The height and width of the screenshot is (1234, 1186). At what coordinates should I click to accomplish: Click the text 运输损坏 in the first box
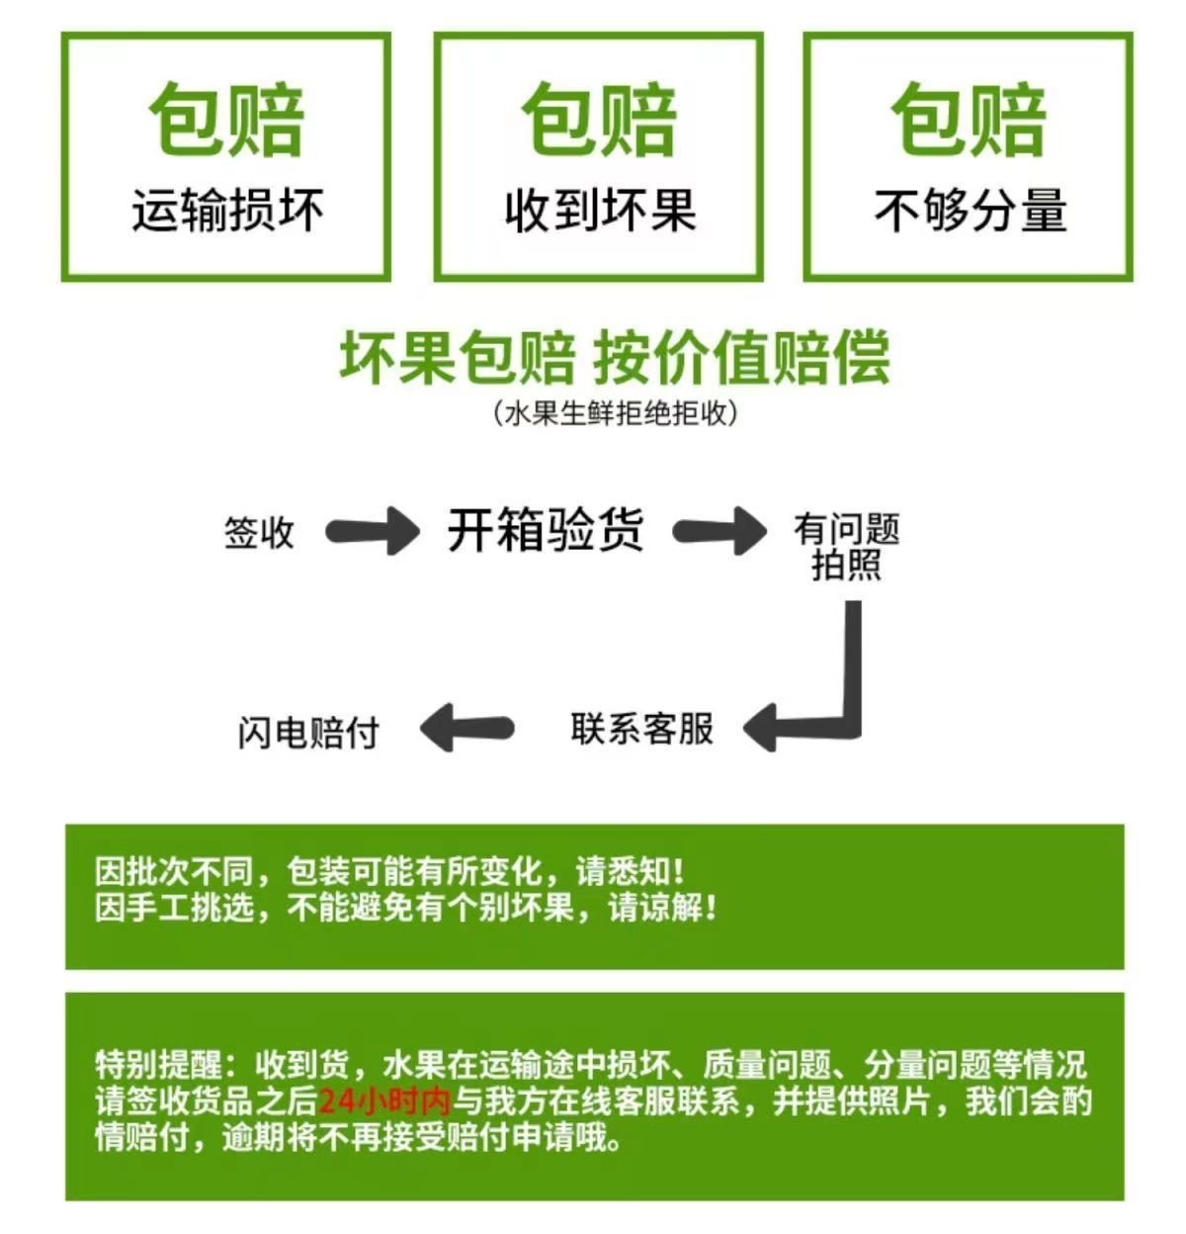click(x=227, y=211)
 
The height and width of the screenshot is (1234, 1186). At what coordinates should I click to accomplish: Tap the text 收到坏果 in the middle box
click(x=600, y=211)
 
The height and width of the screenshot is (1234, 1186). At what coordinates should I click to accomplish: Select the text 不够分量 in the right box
click(x=970, y=211)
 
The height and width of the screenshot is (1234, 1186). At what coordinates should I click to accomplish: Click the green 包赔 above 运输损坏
click(x=227, y=121)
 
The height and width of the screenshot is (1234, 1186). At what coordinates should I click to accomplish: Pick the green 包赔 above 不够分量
click(x=970, y=121)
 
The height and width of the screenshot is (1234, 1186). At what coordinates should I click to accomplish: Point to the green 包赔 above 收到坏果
click(x=600, y=121)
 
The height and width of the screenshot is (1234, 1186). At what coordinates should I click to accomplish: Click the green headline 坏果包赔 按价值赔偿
click(x=615, y=357)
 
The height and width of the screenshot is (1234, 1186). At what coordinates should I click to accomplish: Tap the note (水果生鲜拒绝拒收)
click(x=615, y=413)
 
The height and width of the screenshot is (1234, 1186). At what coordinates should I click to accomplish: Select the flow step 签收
click(x=259, y=532)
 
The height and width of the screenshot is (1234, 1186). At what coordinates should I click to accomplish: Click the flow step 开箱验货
click(x=546, y=530)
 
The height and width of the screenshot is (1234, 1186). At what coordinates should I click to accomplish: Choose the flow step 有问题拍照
click(x=846, y=547)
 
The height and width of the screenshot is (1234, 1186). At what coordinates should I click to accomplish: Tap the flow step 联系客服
click(x=641, y=729)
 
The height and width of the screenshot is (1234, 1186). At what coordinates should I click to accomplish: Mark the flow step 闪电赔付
click(x=308, y=733)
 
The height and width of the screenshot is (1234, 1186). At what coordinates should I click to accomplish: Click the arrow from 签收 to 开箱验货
click(x=373, y=531)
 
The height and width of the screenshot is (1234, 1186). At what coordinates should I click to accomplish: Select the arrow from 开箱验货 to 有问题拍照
click(x=720, y=531)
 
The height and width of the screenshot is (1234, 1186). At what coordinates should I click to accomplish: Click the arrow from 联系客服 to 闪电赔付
click(x=466, y=729)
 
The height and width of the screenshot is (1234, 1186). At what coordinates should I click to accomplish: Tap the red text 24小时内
click(x=385, y=1101)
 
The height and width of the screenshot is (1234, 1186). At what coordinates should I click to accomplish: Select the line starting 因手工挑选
click(x=405, y=908)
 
